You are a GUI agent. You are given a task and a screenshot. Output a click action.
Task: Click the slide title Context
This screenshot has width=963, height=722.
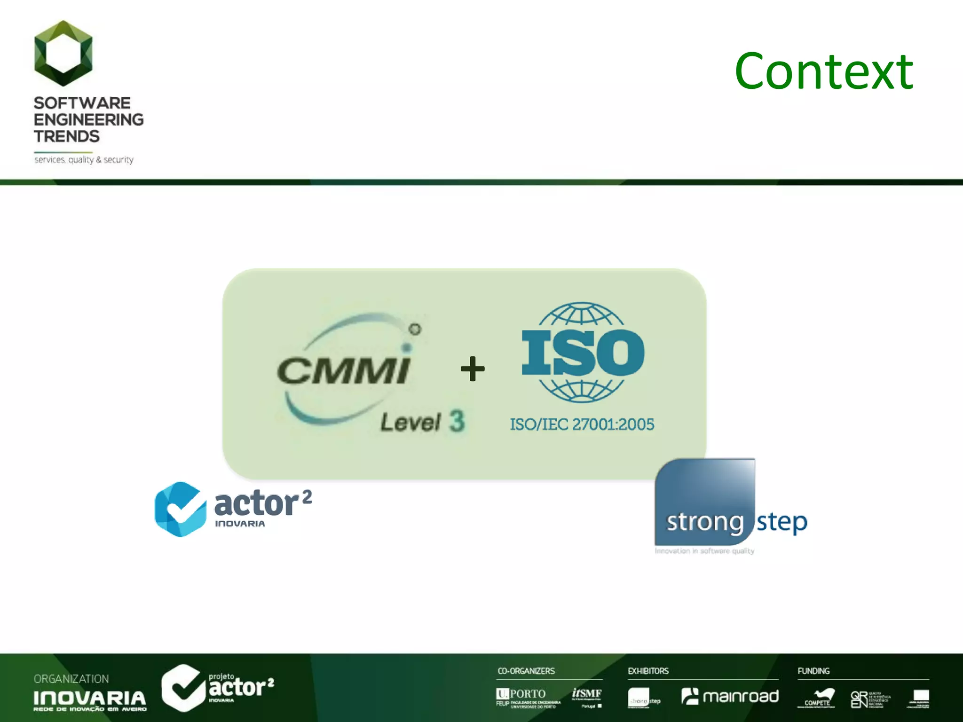(824, 71)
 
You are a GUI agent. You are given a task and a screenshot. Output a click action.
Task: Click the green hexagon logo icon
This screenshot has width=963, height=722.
(63, 53)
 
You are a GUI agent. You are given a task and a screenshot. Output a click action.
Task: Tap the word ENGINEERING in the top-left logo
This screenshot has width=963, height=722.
(88, 119)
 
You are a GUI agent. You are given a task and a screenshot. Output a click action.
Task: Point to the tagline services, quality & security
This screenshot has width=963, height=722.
(84, 160)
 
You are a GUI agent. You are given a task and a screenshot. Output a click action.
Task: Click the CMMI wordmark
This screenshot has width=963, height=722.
(343, 370)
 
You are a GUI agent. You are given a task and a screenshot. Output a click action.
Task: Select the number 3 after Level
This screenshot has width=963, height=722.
(456, 421)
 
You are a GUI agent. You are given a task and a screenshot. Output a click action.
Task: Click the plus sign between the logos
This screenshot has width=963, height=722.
(472, 369)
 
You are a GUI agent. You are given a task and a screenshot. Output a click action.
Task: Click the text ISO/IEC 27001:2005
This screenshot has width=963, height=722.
(582, 424)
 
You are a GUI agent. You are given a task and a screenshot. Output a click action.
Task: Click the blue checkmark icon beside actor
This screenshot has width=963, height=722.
(180, 509)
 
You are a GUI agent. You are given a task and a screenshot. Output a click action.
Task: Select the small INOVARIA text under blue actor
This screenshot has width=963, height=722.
(240, 524)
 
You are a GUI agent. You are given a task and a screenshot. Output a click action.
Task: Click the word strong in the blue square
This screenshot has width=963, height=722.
(704, 522)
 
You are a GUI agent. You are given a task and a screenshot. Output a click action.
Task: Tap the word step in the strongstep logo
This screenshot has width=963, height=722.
(781, 522)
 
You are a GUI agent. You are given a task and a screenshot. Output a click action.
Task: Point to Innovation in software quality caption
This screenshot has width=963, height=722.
(704, 551)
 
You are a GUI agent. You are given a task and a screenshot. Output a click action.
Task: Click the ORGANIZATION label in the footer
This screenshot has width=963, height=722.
(71, 679)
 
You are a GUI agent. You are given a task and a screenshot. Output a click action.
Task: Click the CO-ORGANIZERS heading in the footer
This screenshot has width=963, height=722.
(526, 671)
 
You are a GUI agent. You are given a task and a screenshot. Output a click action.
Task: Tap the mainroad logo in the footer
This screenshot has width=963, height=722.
(730, 696)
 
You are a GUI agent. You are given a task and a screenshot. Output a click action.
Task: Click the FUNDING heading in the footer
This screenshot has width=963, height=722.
(813, 671)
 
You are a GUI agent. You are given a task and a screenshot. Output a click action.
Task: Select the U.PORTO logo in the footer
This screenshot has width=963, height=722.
(521, 694)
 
